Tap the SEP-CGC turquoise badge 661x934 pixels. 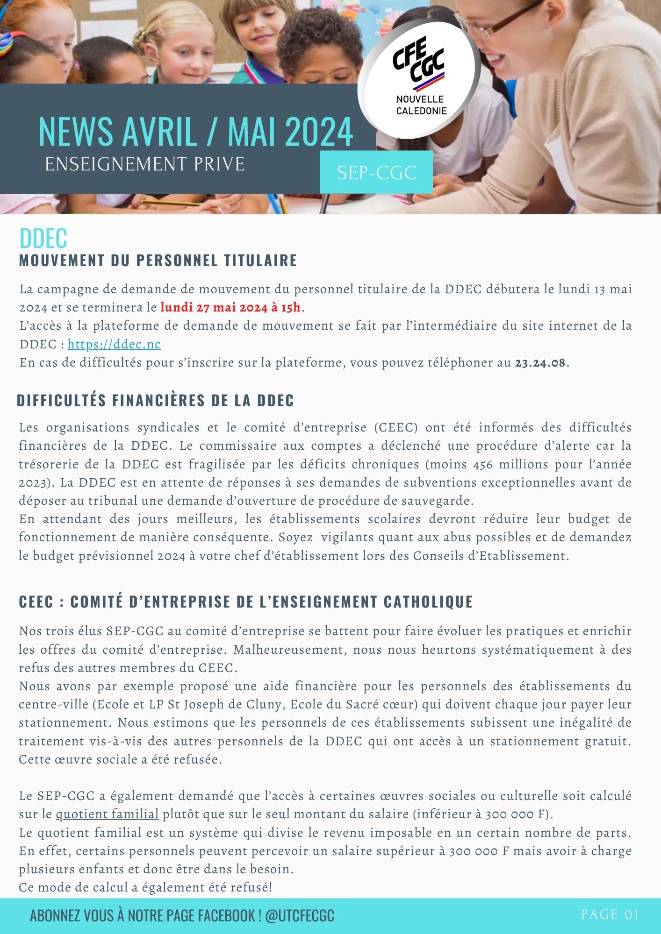point(376,173)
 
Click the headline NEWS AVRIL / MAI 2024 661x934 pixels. point(195,132)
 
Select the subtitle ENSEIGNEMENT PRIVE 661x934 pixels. point(145,164)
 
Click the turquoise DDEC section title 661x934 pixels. point(43,238)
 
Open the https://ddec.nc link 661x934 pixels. point(114,345)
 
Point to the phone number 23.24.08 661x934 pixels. point(540,363)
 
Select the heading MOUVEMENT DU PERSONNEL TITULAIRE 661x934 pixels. point(158,261)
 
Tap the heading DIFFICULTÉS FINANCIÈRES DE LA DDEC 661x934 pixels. point(155,401)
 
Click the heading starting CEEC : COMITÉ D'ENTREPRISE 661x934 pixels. point(245,601)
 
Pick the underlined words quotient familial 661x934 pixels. point(107,814)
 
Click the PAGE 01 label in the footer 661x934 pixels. point(610,914)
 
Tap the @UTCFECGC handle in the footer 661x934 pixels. point(300,915)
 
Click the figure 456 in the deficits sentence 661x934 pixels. point(483,464)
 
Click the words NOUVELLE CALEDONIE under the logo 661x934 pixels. point(421,105)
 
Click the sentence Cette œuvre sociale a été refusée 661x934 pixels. point(120,759)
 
